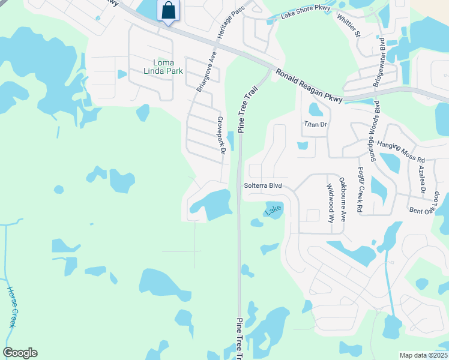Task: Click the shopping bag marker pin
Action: [x=169, y=11]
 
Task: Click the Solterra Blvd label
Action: [x=262, y=186]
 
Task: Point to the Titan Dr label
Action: [x=315, y=124]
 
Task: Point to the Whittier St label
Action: [x=349, y=24]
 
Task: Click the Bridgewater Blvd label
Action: [x=379, y=62]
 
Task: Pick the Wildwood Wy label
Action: [x=330, y=203]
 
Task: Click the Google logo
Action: [x=20, y=353]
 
